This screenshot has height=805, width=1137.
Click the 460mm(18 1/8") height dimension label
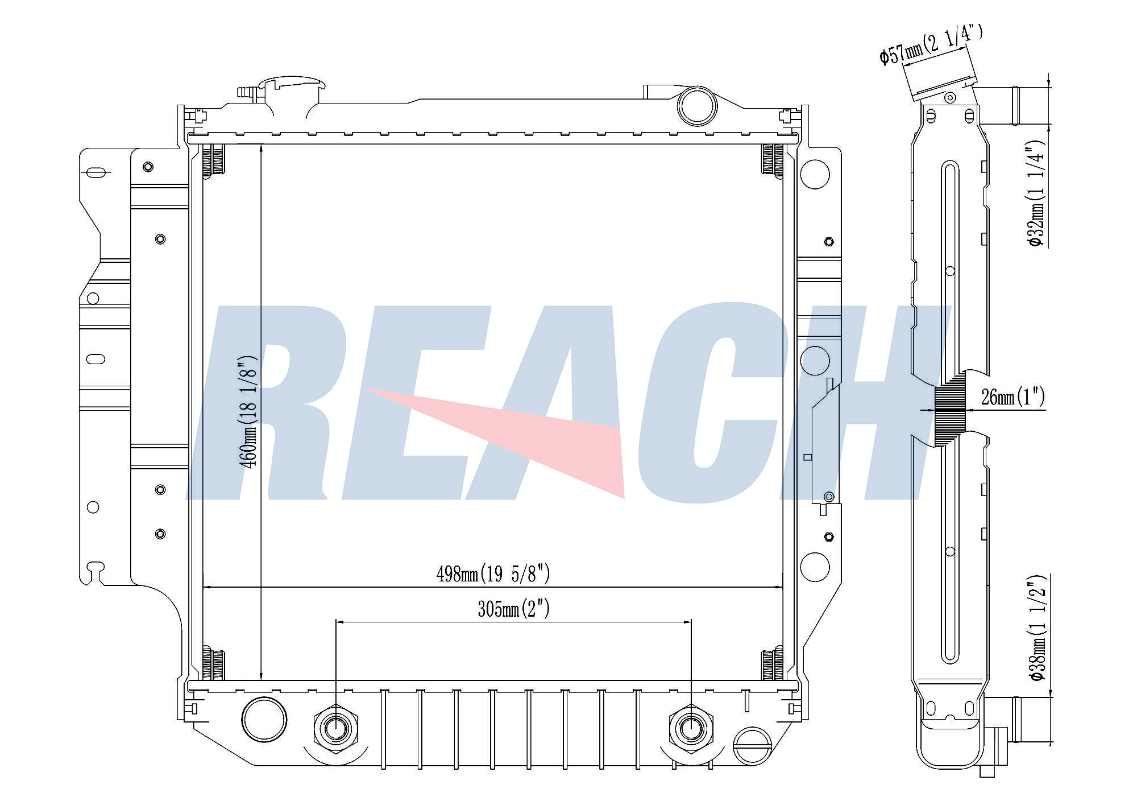click(249, 411)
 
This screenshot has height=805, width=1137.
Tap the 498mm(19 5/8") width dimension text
click(493, 574)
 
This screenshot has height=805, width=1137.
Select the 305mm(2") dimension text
click(513, 609)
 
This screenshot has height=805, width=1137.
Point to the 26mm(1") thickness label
click(1013, 397)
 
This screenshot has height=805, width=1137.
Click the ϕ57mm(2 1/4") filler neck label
click(931, 44)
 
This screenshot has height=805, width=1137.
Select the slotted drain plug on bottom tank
click(753, 746)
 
